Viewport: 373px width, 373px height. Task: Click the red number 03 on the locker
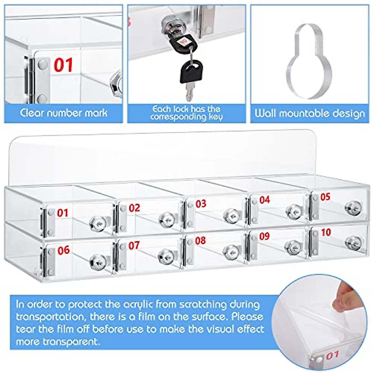201,204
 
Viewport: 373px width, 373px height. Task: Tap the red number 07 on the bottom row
134,246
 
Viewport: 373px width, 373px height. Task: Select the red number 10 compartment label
326,232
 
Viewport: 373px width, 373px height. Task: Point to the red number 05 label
325,197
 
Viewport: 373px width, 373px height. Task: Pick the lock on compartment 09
292,247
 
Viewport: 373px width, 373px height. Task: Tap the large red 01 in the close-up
63,65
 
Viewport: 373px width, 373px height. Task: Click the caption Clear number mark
64,113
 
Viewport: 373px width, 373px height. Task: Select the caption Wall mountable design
310,113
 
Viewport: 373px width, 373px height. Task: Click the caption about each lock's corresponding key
186,113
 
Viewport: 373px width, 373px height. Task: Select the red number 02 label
134,208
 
